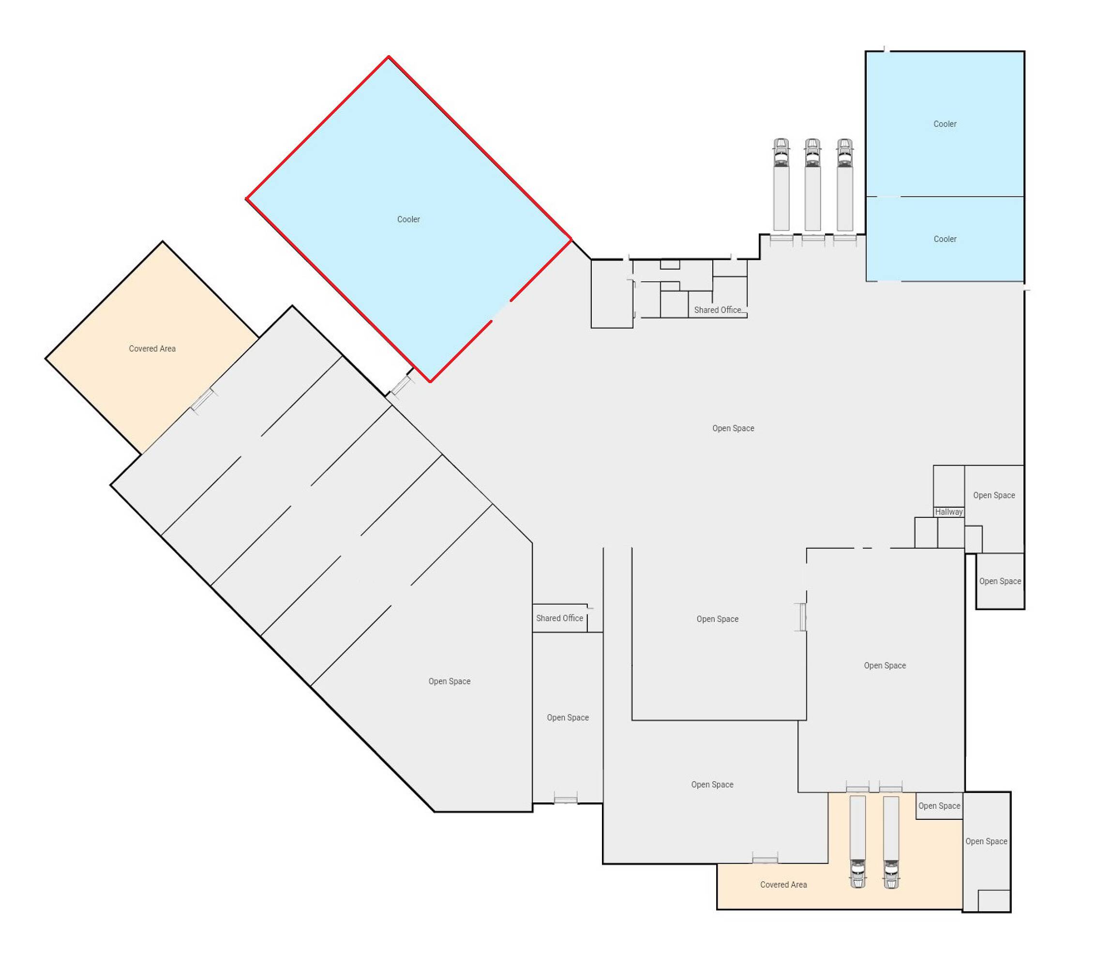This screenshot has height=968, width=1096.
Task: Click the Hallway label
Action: coord(948,512)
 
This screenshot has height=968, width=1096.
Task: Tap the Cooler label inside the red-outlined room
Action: coord(408,219)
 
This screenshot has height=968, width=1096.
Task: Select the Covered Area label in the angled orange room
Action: coord(152,348)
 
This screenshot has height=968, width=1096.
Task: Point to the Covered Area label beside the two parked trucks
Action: coord(783,885)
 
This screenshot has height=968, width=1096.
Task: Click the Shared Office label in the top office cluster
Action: coord(718,310)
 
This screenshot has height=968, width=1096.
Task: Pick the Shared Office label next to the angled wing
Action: coord(559,619)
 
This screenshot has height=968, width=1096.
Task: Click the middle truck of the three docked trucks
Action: coord(812,185)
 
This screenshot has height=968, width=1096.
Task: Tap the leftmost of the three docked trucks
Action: coord(781,185)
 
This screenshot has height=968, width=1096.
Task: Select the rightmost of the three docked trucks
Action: coord(844,185)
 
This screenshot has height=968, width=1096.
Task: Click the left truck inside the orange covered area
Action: coord(857,842)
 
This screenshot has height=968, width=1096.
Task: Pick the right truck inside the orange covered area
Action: coord(891,842)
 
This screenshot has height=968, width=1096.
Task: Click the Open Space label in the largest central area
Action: coord(733,428)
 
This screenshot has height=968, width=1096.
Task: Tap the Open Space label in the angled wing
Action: coord(450,681)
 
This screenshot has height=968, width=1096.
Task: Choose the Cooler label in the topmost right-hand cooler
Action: coord(945,124)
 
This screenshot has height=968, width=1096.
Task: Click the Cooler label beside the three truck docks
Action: coord(945,239)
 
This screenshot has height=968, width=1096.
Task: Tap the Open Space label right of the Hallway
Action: coord(993,496)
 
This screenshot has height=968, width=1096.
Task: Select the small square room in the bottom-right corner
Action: coord(993,900)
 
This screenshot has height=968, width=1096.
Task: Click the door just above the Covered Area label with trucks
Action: coord(765,860)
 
